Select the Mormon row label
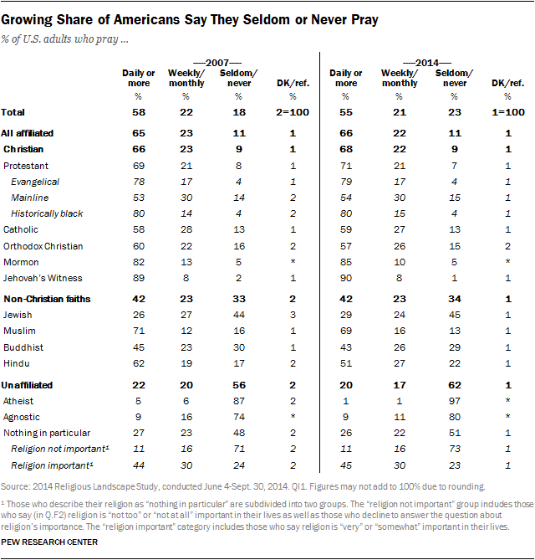21,261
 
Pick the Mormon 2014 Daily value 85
346,261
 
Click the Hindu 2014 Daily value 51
346,364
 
